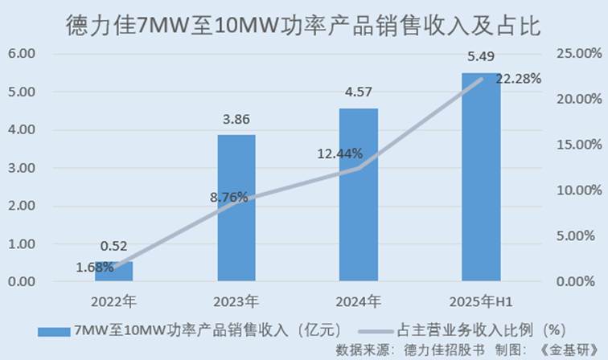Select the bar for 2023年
(236, 208)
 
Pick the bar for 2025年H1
(480, 177)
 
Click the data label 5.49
(480, 58)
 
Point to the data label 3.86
(236, 120)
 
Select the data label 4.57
(358, 92)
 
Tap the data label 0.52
(114, 247)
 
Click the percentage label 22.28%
(518, 79)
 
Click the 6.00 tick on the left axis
(21, 54)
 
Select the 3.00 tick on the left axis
(21, 168)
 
